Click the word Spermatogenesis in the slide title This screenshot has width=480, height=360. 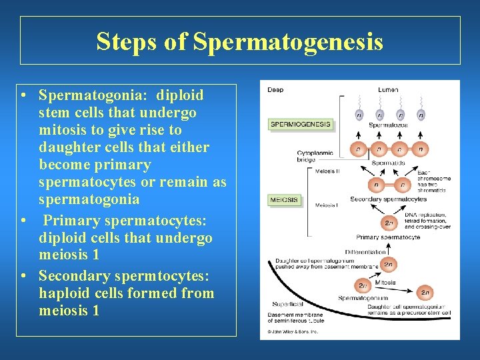(288, 42)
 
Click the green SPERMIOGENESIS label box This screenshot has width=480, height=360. (300, 124)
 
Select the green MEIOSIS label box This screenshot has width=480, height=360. (283, 199)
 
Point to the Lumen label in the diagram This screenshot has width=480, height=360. (388, 90)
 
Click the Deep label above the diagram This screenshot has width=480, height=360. (275, 90)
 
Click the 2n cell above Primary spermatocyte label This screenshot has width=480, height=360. (389, 223)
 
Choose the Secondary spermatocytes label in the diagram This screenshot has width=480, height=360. (389, 199)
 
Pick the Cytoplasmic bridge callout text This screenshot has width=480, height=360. (315, 157)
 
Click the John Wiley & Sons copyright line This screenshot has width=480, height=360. (293, 331)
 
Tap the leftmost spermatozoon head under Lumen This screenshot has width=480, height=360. (359, 114)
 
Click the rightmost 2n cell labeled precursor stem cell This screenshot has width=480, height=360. (424, 292)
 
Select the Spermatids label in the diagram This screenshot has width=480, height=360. (388, 163)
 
